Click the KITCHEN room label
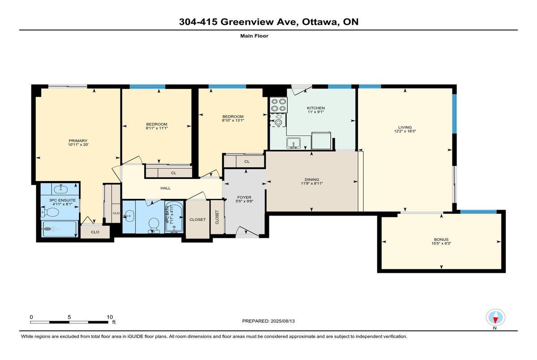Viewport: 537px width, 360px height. pyautogui.click(x=316, y=108)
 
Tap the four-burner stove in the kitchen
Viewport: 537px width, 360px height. pyautogui.click(x=278, y=105)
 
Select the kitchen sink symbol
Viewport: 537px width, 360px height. pyautogui.click(x=294, y=143)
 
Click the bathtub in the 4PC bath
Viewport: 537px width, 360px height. pyautogui.click(x=174, y=217)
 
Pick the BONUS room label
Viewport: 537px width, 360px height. pyautogui.click(x=441, y=240)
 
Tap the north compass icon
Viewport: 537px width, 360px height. pyautogui.click(x=495, y=318)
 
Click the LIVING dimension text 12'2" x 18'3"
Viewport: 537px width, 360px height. pyautogui.click(x=405, y=131)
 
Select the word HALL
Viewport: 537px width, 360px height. pyautogui.click(x=166, y=188)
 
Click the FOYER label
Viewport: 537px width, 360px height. pyautogui.click(x=244, y=197)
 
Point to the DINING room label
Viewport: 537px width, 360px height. pyautogui.click(x=311, y=179)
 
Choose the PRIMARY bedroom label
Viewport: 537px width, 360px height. pyautogui.click(x=78, y=140)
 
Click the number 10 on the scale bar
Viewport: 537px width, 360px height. pyautogui.click(x=110, y=317)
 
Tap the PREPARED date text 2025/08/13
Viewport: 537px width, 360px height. pyautogui.click(x=283, y=321)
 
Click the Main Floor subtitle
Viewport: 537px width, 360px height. pyautogui.click(x=254, y=36)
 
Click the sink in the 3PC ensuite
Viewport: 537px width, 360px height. pyautogui.click(x=61, y=189)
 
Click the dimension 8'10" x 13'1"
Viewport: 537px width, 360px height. pyautogui.click(x=233, y=120)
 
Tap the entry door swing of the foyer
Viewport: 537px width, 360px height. pyautogui.click(x=247, y=232)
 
